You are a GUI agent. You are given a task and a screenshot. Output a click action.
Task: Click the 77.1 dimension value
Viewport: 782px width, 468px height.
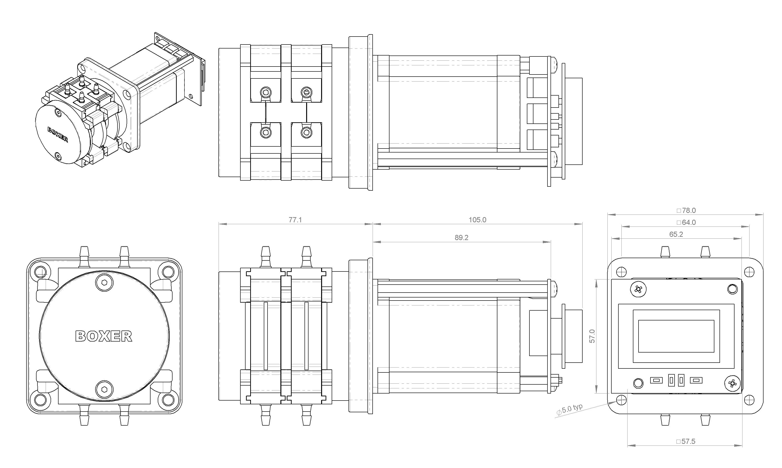point(295,220)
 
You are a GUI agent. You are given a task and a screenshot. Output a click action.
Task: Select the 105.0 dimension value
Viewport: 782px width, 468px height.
point(477,220)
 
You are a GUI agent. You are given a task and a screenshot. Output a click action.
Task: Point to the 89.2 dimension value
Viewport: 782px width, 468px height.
point(462,238)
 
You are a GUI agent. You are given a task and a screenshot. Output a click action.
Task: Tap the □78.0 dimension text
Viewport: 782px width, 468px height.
point(686,210)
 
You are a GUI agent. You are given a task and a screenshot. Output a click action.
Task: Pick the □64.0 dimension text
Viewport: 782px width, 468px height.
point(686,222)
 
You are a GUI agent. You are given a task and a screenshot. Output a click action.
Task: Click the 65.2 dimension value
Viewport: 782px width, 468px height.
point(676,234)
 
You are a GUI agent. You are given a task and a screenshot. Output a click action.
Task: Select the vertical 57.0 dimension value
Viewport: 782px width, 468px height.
point(592,336)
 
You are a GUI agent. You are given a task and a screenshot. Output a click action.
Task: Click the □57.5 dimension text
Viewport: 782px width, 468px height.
point(686,442)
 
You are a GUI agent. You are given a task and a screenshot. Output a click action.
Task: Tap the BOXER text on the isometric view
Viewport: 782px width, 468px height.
point(58,135)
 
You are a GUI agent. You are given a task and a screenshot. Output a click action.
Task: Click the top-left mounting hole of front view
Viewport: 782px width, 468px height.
point(41,272)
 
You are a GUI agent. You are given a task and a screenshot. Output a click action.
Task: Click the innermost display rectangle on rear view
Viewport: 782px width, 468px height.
point(676,336)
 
